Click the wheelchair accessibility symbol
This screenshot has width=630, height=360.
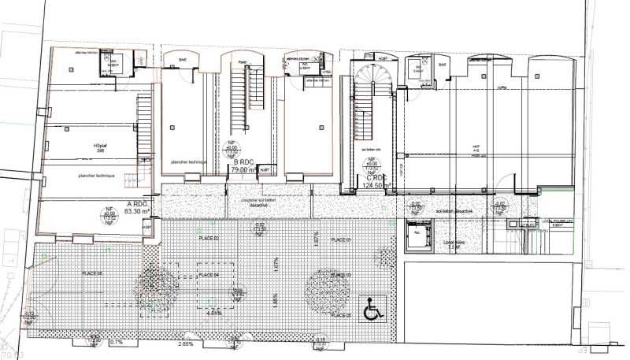tap(371, 311)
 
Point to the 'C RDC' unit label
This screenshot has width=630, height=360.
tap(376, 178)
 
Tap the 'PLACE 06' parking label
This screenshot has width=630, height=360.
tap(92, 273)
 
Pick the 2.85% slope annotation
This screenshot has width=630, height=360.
tap(186, 344)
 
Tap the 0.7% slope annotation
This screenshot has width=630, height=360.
tap(117, 343)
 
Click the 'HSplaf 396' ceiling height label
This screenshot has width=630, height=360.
tap(99, 148)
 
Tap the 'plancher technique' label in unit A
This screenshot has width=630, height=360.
tap(97, 175)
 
